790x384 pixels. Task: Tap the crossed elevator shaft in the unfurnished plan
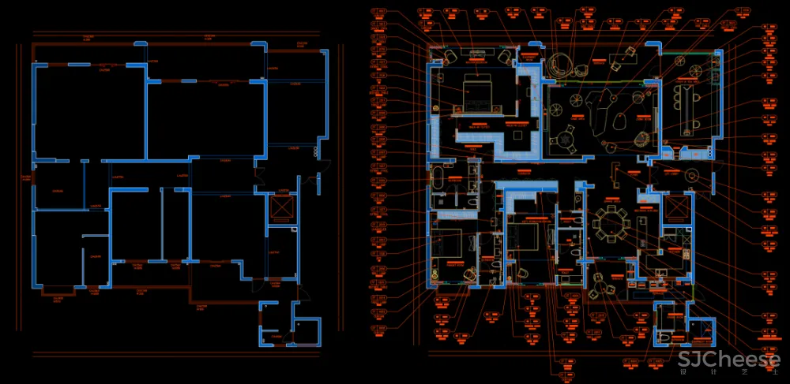282,207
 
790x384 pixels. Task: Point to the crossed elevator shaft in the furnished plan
677,207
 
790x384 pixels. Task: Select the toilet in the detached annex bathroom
664,336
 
